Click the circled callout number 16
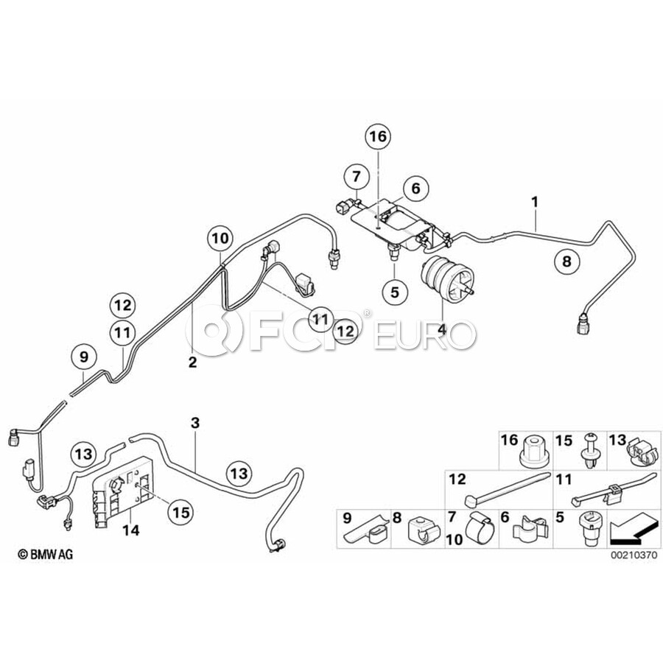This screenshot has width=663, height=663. (x=377, y=136)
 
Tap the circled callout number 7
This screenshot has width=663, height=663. (x=356, y=177)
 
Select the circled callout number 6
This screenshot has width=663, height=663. (x=415, y=189)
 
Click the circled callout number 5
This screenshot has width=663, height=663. (x=394, y=292)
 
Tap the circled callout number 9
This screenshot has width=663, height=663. (x=84, y=357)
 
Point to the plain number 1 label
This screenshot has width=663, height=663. (x=535, y=201)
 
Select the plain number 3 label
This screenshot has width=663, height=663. (x=194, y=423)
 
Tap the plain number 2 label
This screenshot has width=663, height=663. (x=192, y=362)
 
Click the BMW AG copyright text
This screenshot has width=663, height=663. (x=46, y=553)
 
